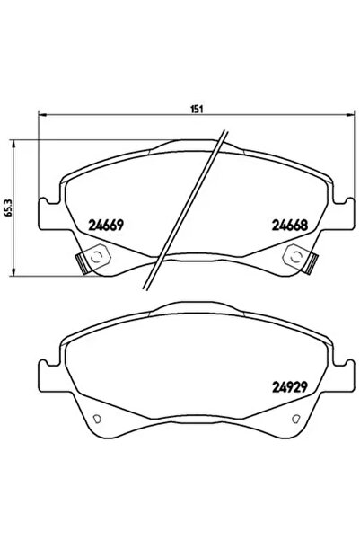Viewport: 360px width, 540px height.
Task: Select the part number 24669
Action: (104, 226)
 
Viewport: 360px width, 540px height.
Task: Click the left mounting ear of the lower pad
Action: (47, 377)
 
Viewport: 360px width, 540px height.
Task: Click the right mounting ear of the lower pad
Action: (338, 377)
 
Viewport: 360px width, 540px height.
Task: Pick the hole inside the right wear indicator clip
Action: (294, 258)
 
